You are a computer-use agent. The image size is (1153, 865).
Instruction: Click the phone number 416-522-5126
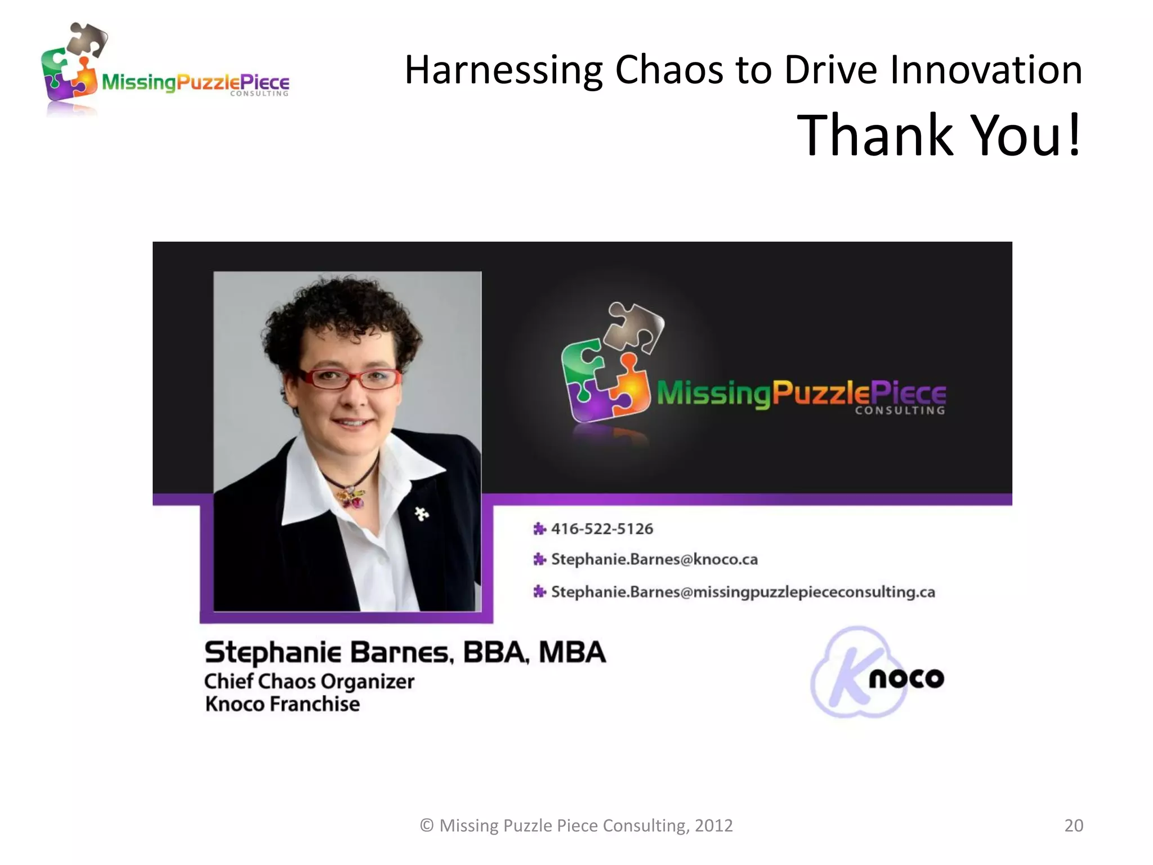pos(601,529)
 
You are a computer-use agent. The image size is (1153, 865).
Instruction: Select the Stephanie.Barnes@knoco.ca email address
pos(654,559)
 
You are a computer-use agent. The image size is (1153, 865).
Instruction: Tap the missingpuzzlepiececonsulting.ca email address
pos(743,592)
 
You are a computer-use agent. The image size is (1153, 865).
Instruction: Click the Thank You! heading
pos(939,135)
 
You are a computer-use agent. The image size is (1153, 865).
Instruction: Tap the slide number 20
pos(1073,825)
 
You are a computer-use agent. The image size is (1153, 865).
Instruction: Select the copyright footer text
pos(576,825)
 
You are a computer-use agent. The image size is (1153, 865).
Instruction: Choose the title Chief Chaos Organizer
pos(309,681)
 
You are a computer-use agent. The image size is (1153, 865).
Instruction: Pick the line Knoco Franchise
pos(282,704)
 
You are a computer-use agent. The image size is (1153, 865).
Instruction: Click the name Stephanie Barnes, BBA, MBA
pos(405,653)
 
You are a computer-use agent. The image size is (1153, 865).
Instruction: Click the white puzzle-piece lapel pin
pos(422,513)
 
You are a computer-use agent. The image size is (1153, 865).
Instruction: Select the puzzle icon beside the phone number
pos(539,529)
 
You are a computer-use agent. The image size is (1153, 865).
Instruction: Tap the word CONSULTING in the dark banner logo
pos(900,411)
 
